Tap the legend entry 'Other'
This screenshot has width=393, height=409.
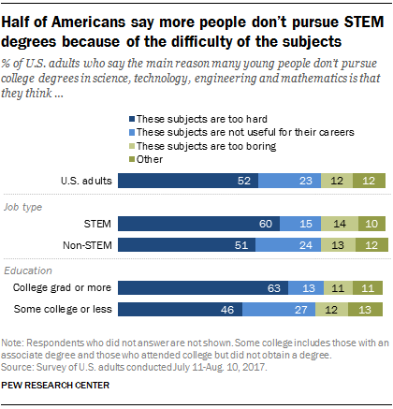click(148, 158)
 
